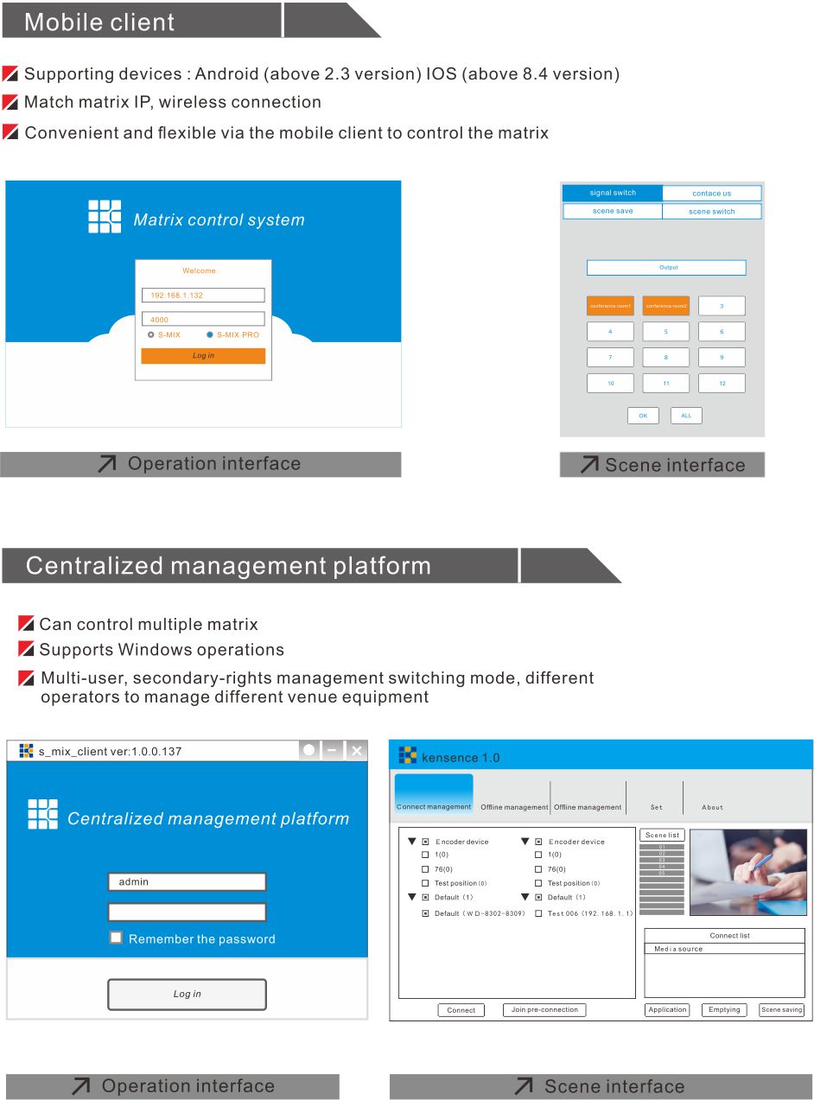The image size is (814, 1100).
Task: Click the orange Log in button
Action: (x=203, y=356)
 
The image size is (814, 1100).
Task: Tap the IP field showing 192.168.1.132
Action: (x=203, y=296)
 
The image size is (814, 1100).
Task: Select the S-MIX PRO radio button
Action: (x=210, y=334)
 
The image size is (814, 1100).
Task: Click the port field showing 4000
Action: (x=203, y=319)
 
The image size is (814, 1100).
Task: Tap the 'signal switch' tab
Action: (x=613, y=194)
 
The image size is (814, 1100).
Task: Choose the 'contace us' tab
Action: (x=711, y=194)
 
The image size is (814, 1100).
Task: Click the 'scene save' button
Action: (x=613, y=211)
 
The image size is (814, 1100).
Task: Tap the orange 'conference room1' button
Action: (x=610, y=306)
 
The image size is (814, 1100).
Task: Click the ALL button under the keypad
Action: (x=686, y=416)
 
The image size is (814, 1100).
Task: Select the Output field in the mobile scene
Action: (x=666, y=268)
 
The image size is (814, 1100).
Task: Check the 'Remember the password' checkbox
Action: (x=116, y=938)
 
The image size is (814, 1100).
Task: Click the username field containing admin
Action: (x=187, y=881)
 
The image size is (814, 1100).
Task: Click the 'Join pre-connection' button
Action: (x=544, y=1009)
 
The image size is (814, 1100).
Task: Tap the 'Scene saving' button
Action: (x=781, y=1009)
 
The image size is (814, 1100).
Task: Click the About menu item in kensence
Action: (x=713, y=807)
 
